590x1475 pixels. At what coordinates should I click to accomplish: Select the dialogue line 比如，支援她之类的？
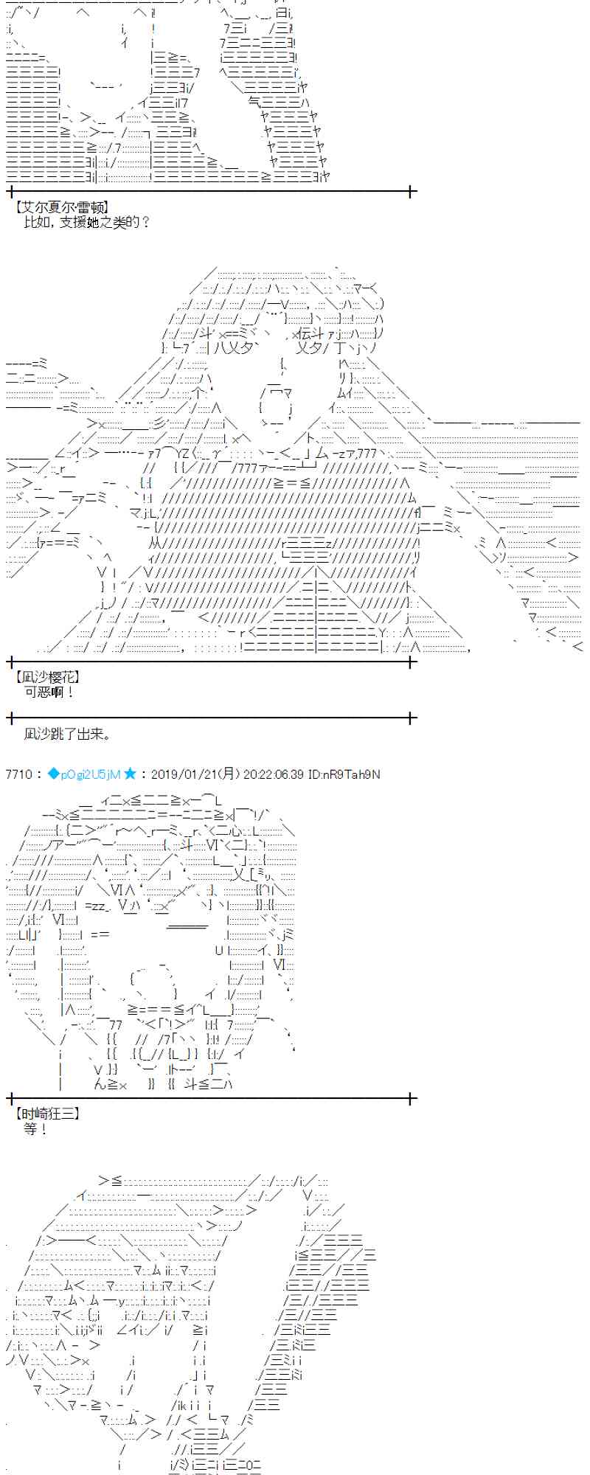tap(87, 222)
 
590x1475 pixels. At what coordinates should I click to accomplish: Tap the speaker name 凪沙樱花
tap(47, 676)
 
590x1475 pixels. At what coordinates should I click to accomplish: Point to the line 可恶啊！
tap(49, 692)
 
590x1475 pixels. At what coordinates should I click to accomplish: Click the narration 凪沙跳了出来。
tap(67, 734)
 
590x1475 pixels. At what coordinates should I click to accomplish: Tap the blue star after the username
tap(131, 774)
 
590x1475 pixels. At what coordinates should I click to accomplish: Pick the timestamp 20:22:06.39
tap(274, 774)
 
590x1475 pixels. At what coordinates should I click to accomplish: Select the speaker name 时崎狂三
tap(47, 1114)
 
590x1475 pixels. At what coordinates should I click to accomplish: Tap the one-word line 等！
tap(35, 1129)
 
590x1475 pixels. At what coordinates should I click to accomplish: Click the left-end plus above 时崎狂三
tap(10, 1099)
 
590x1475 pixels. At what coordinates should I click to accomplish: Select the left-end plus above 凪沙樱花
tap(10, 662)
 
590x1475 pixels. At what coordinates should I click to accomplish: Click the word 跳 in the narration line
tap(60, 734)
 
